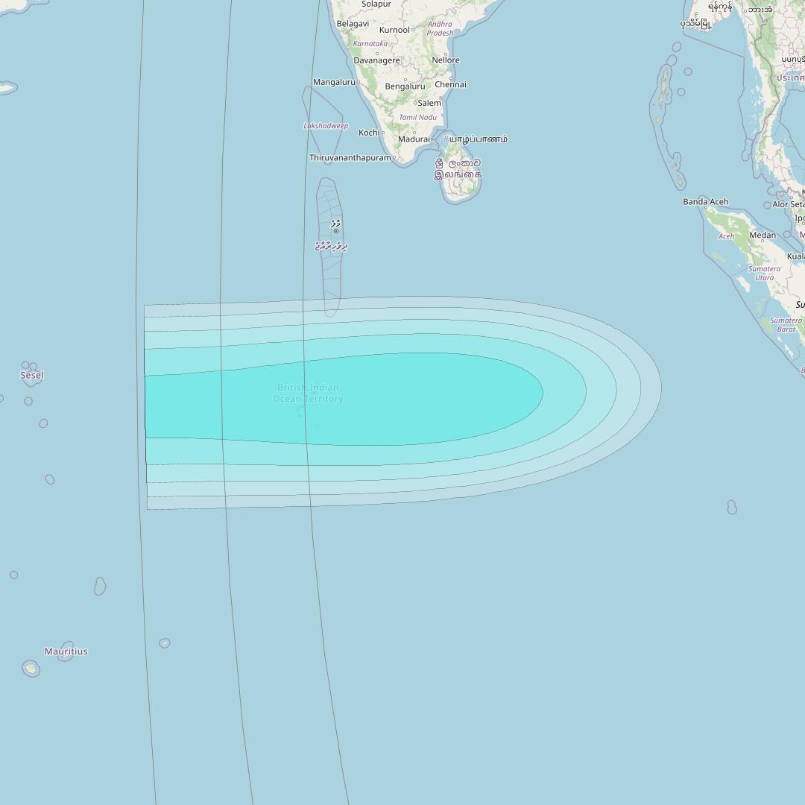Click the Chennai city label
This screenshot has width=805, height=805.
tap(450, 84)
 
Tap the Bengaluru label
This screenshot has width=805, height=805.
tap(405, 86)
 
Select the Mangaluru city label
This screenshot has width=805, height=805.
tap(334, 82)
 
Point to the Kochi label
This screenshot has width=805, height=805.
tap(369, 133)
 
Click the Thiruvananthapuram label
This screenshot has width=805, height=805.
tap(350, 158)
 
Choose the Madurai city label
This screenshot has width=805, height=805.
tap(414, 139)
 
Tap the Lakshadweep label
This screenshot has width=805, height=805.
tap(326, 126)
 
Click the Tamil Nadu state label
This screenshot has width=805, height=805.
tap(417, 118)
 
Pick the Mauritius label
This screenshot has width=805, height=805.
tap(66, 651)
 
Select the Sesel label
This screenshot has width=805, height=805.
tap(31, 376)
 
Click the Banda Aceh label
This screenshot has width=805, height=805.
tap(705, 202)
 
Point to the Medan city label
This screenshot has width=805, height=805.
tap(763, 236)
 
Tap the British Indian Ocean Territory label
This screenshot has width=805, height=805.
tap(308, 393)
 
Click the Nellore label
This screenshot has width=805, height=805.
tap(446, 60)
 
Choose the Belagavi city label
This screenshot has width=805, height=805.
tap(353, 24)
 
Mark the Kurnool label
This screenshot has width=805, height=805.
tap(394, 30)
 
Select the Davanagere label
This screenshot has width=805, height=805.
tap(376, 60)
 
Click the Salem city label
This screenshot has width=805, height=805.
tap(429, 103)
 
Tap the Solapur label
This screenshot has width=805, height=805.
tap(376, 4)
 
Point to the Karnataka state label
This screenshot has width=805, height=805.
tap(370, 44)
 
